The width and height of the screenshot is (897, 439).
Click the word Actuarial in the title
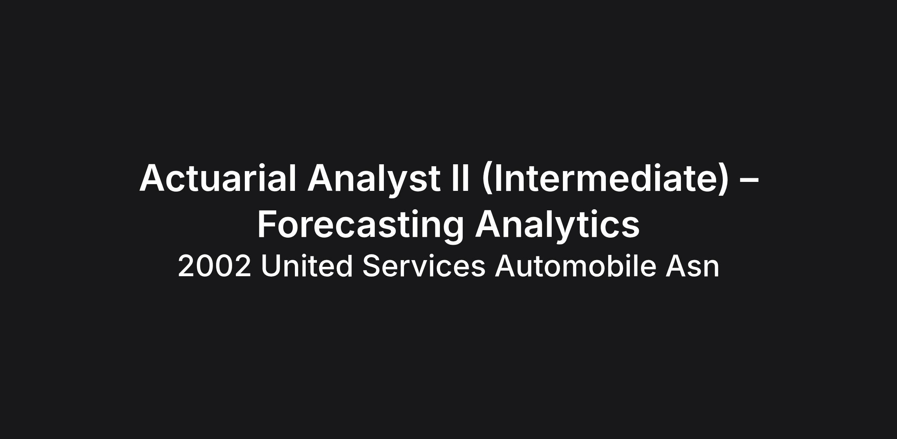click(x=218, y=178)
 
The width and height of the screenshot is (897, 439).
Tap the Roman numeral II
click(x=460, y=178)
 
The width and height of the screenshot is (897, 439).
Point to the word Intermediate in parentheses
click(x=604, y=178)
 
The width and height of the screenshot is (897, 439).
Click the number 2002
click(x=214, y=266)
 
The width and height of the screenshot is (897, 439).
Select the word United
click(x=306, y=266)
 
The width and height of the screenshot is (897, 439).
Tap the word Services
click(x=424, y=266)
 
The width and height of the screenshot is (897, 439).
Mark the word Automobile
click(x=576, y=266)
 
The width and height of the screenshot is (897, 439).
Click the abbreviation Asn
click(x=692, y=266)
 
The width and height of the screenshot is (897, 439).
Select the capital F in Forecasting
click(x=267, y=223)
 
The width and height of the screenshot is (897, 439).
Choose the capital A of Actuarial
click(x=153, y=178)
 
